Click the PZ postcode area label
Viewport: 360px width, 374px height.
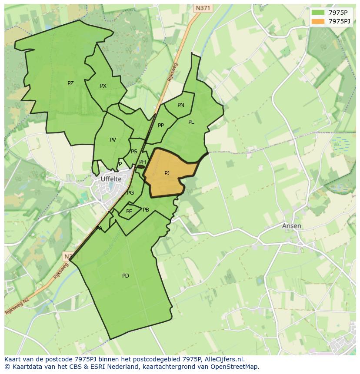coord(70,83)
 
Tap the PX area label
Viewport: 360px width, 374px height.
coord(103,86)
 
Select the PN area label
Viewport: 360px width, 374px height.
coord(181,105)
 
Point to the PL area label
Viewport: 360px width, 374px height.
coord(191,122)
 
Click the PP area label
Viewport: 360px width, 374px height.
coord(161,126)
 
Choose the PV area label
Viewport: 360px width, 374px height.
coord(113,140)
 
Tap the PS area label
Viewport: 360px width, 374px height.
coord(134,152)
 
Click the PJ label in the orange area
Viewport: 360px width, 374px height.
coord(167,173)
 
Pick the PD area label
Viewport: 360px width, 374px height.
coord(126,276)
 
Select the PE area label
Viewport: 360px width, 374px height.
coord(129,212)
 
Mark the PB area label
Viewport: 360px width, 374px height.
coord(146,210)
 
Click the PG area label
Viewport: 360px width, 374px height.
coord(130,193)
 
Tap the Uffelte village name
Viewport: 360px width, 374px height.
coord(111,179)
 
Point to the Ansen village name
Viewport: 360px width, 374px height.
coord(292,226)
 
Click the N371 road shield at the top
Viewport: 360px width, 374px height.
coord(203,8)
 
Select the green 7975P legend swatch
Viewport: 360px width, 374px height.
coord(318,13)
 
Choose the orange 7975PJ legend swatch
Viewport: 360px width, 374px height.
coord(318,21)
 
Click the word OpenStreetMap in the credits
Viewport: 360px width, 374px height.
coord(235,367)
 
